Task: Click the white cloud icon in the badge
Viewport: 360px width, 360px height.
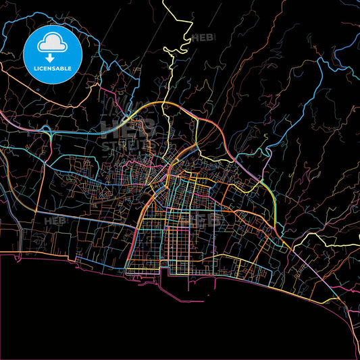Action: point(52,43)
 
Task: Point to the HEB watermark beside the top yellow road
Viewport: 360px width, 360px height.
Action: point(203,38)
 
